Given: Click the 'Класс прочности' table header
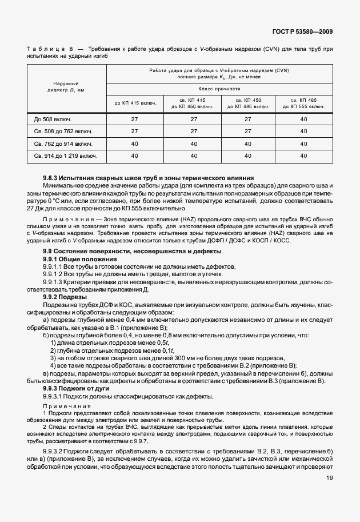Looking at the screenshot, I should pyautogui.click(x=219, y=89).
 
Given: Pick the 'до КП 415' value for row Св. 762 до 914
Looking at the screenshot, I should pyautogui.click(x=134, y=143).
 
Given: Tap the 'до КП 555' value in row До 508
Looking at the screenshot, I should pyautogui.click(x=303, y=119).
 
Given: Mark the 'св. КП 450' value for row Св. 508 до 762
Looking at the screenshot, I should pyautogui.click(x=247, y=131).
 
